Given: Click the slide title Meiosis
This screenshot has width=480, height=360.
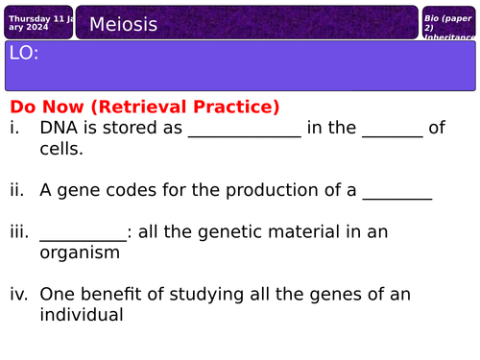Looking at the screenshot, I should (x=123, y=24).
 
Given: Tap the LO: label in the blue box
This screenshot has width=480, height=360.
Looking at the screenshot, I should (x=24, y=55).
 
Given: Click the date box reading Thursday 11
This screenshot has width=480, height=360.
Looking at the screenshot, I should (x=37, y=22).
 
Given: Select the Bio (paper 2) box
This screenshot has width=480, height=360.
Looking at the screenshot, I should (x=448, y=24).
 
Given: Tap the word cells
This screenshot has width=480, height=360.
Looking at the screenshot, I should (x=61, y=149).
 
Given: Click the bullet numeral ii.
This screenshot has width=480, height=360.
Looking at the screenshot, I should (x=17, y=190).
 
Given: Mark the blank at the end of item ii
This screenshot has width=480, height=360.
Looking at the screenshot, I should (x=396, y=195).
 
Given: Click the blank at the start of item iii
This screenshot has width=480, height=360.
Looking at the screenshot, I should (x=83, y=237).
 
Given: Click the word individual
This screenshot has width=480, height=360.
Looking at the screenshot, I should (x=82, y=315).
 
